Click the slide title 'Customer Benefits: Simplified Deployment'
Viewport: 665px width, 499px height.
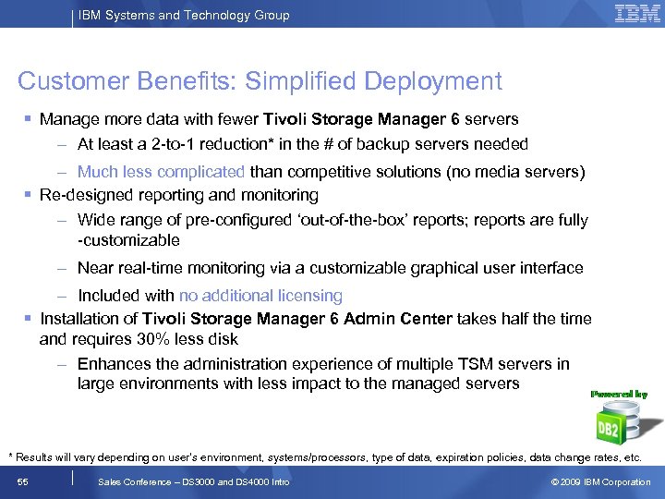pos(260,80)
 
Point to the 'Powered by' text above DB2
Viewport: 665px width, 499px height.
pos(619,394)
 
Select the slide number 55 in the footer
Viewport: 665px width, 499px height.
pos(24,481)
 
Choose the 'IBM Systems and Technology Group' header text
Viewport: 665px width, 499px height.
pos(184,15)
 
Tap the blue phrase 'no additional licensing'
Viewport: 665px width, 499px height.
pos(260,296)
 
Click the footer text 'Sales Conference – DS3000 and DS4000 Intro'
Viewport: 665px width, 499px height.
pos(193,481)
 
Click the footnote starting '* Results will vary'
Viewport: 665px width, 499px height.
pos(324,457)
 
